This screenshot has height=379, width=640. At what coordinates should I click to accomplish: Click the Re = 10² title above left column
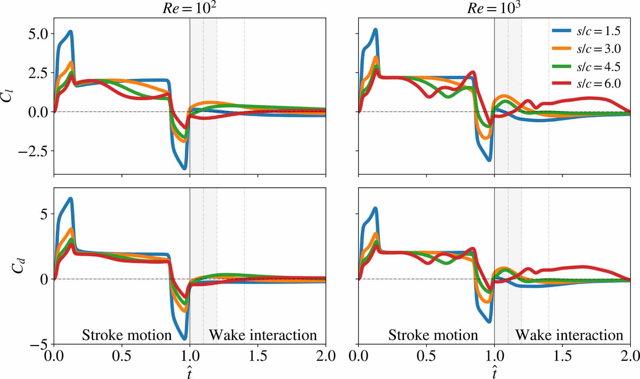pyautogui.click(x=189, y=8)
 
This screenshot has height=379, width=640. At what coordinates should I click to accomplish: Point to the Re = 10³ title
pyautogui.click(x=493, y=8)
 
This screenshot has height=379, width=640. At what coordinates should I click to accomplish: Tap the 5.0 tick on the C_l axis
pyautogui.click(x=38, y=34)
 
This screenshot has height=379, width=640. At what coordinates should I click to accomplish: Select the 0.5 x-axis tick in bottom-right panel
pyautogui.click(x=426, y=356)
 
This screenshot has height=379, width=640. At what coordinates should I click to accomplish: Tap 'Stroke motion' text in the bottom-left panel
pyautogui.click(x=127, y=335)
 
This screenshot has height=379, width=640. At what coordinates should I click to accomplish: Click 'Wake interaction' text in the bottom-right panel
pyautogui.click(x=569, y=335)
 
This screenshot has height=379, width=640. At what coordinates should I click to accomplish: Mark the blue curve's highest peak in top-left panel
pyautogui.click(x=70, y=32)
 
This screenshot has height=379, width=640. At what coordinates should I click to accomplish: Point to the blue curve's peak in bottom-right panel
pyautogui.click(x=375, y=209)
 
